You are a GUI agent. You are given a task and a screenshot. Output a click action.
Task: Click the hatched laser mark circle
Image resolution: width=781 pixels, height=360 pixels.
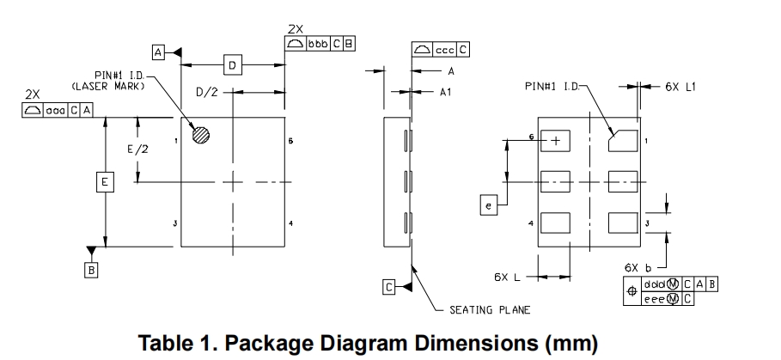point(201,135)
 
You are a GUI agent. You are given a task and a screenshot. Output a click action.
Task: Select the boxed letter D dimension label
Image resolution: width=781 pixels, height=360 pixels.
point(232,64)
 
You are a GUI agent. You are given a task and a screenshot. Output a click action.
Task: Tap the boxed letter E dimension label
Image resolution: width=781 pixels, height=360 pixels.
point(105,182)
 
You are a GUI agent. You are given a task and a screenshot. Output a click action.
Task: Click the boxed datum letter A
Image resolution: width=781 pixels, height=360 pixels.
point(159,52)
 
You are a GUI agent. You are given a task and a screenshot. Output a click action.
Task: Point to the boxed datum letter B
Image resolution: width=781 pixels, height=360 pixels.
point(91,270)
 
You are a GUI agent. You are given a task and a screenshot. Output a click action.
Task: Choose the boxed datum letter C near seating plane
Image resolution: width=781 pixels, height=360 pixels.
point(389,288)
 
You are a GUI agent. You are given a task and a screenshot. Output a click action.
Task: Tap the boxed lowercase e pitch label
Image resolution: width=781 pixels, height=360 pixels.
point(488,205)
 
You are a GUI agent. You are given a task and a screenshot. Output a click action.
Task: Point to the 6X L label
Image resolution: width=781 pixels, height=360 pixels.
point(508,277)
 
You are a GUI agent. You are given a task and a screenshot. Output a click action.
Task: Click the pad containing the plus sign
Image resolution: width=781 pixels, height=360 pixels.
point(556,140)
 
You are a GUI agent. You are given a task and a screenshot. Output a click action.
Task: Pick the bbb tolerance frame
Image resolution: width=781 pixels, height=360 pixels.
point(319,44)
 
